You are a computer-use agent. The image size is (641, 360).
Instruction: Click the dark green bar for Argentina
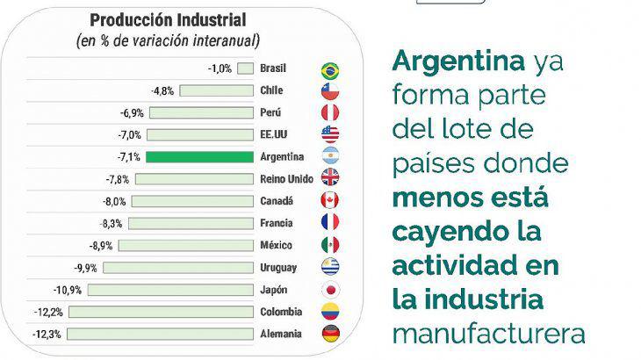pyautogui.click(x=199, y=157)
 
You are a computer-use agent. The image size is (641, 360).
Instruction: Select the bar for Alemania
pyautogui.click(x=160, y=334)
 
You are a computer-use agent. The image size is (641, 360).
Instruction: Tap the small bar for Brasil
pyautogui.click(x=245, y=68)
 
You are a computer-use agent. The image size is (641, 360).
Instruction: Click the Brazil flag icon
pyautogui.click(x=331, y=70)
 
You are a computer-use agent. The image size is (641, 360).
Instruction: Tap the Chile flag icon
pyautogui.click(x=331, y=91)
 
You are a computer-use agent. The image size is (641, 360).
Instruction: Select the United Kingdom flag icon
pyautogui.click(x=331, y=178)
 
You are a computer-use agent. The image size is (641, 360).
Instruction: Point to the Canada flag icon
pyautogui.click(x=331, y=200)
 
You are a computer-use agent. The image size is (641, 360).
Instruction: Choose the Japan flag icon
pyautogui.click(x=331, y=289)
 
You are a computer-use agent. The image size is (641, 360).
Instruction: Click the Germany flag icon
pyautogui.click(x=331, y=334)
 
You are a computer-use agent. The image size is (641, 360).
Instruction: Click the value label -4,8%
pyautogui.click(x=162, y=90)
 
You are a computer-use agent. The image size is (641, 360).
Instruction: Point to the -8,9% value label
pyautogui.click(x=101, y=245)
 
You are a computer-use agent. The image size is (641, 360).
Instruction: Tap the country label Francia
pyautogui.click(x=278, y=223)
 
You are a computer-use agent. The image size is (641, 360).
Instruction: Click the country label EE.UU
pyautogui.click(x=276, y=134)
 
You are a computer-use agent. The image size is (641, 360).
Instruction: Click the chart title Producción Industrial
pyautogui.click(x=168, y=19)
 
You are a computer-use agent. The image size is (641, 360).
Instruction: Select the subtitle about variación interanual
pyautogui.click(x=168, y=40)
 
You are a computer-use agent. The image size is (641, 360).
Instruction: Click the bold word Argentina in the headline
pyautogui.click(x=457, y=61)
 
